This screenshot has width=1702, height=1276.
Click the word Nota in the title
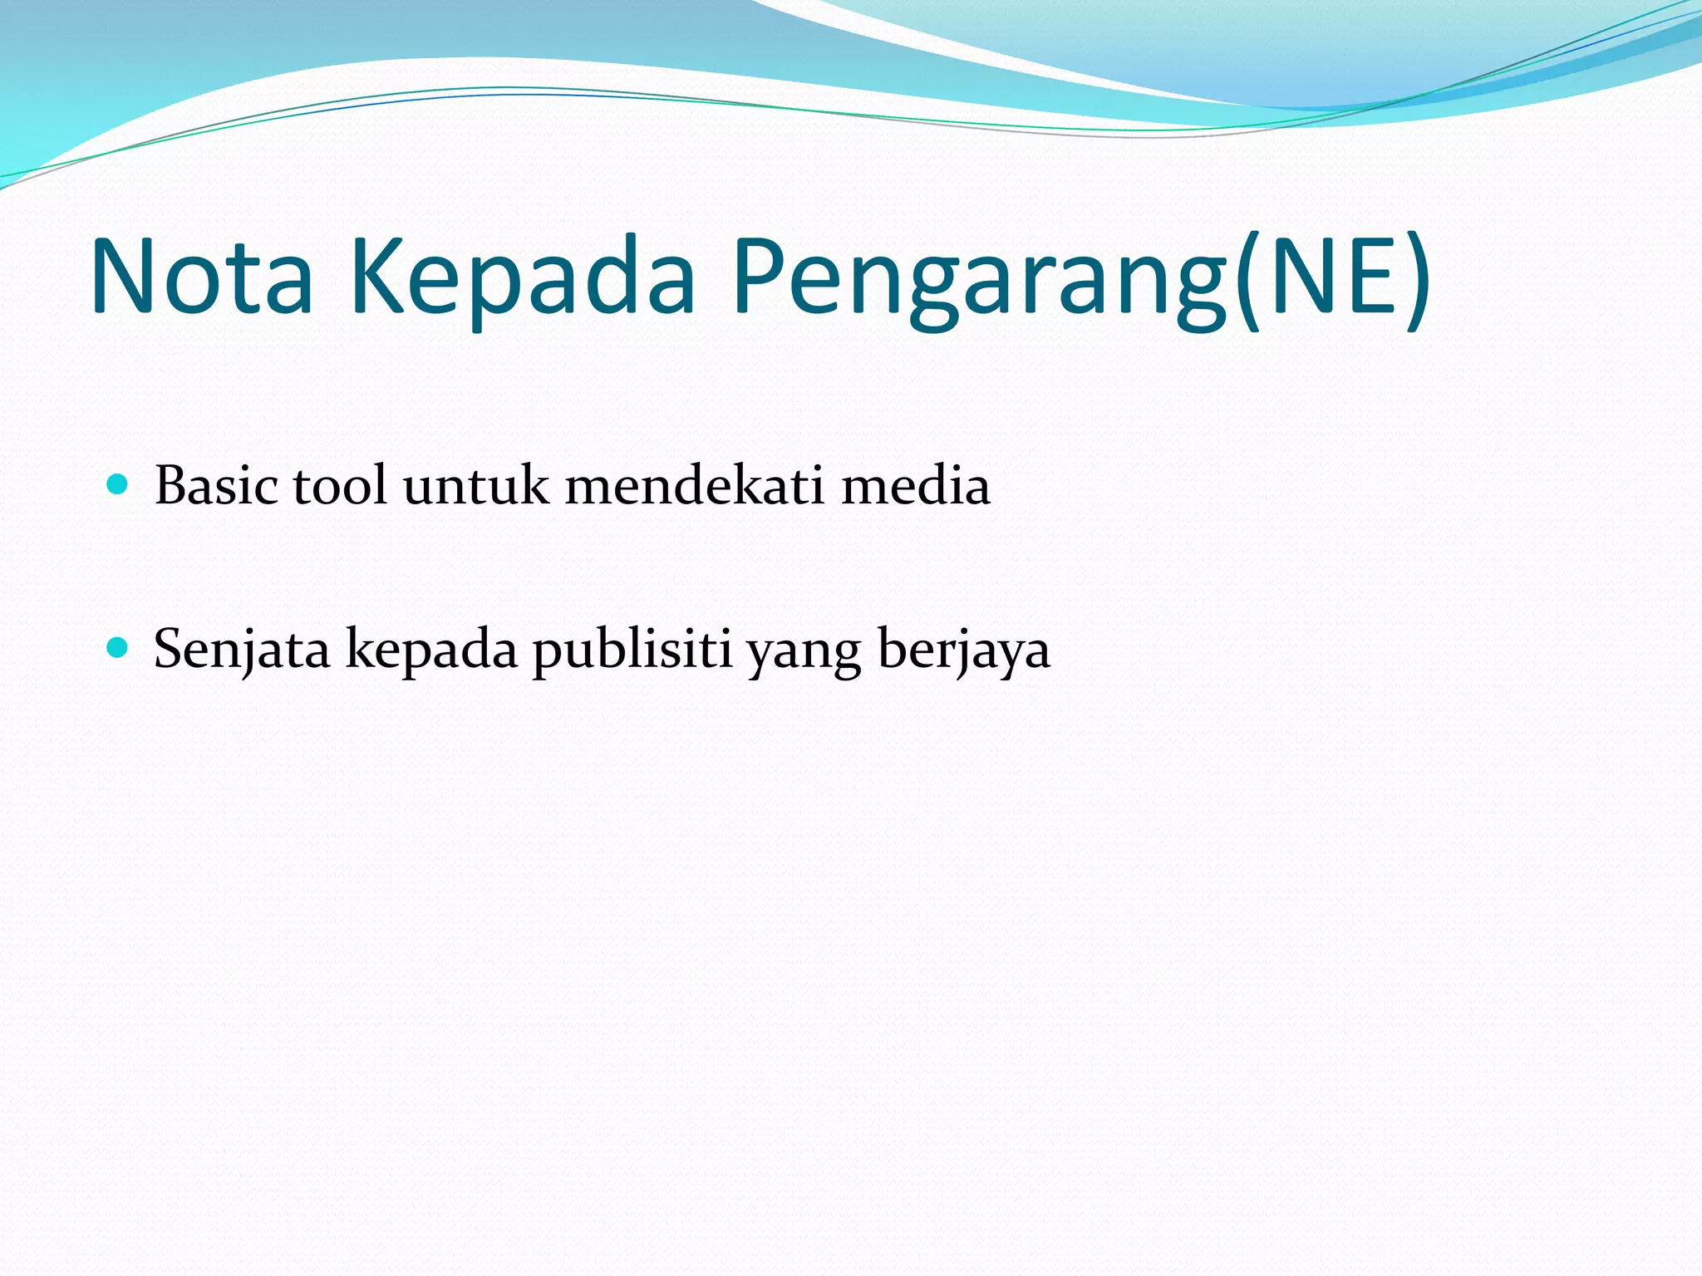pyautogui.click(x=202, y=277)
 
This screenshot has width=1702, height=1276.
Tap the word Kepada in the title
pyautogui.click(x=523, y=277)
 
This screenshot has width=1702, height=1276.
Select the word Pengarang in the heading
pyautogui.click(x=979, y=277)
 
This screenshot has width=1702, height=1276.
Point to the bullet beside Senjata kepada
pyautogui.click(x=118, y=648)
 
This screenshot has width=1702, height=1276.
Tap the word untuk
pyautogui.click(x=475, y=485)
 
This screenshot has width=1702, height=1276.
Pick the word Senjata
pyautogui.click(x=242, y=650)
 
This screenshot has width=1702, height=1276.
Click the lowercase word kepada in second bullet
pyautogui.click(x=431, y=650)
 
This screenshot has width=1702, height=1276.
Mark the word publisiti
pyautogui.click(x=632, y=650)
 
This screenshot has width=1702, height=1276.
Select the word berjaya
pyautogui.click(x=964, y=650)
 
